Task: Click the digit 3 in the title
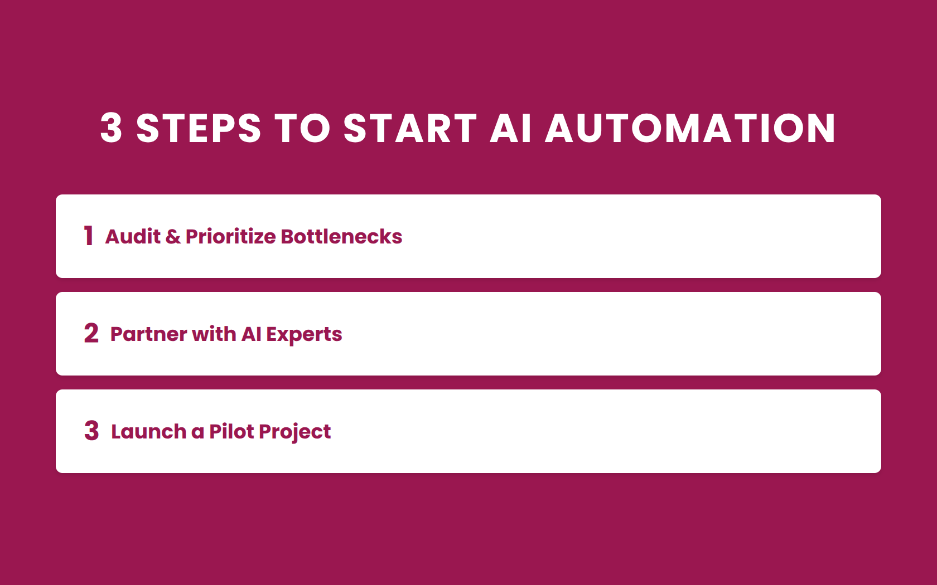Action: [x=112, y=128]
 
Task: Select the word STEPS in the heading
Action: [x=199, y=128]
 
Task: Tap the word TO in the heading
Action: [x=303, y=128]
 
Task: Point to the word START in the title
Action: [x=410, y=128]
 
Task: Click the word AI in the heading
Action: [x=511, y=128]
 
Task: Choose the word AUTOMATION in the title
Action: [x=690, y=128]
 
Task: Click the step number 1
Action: [x=89, y=236]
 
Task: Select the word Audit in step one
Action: [x=133, y=237]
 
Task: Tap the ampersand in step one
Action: [x=173, y=237]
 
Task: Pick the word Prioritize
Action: [x=230, y=237]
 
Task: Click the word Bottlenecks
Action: [x=341, y=237]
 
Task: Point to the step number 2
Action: [x=91, y=334]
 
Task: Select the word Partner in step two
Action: [x=148, y=334]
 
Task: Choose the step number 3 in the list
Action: [x=91, y=431]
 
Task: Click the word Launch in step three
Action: [x=148, y=432]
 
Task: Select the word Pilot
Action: [x=231, y=432]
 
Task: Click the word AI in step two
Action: [x=251, y=334]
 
